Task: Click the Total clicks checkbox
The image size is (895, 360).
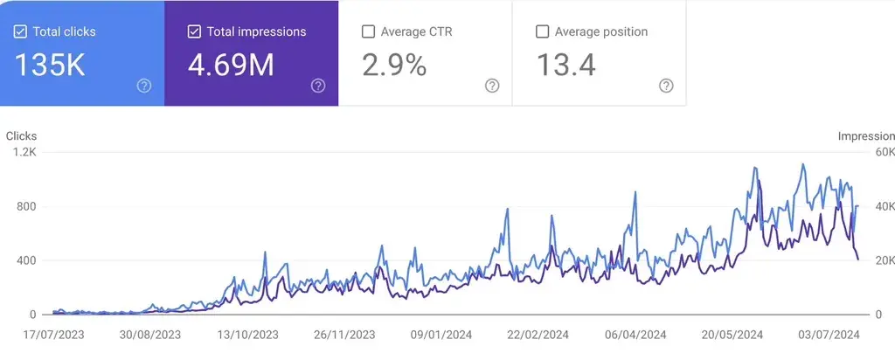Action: coord(20,31)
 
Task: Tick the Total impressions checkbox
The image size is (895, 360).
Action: coord(194,31)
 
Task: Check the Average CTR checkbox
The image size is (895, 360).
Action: coord(368,31)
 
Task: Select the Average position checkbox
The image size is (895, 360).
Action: coord(542,31)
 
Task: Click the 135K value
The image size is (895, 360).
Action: coord(49,66)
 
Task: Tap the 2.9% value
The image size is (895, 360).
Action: coord(394,66)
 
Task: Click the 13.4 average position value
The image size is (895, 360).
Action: coord(565,66)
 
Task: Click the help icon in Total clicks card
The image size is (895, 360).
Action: coord(144,86)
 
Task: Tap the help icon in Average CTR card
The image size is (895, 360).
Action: coord(492,86)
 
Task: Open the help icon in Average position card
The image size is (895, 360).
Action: coord(666,86)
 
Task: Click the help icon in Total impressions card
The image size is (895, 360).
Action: coord(318,86)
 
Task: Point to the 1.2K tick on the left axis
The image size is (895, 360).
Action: coord(24,152)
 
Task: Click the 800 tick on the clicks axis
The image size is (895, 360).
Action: coord(26,206)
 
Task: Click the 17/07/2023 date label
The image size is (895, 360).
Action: coord(53,334)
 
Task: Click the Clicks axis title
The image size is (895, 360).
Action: coord(21,136)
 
